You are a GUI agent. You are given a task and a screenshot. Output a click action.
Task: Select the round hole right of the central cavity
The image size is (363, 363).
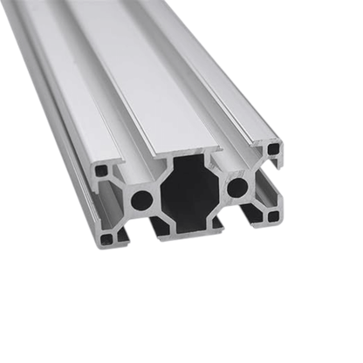pos(236,186)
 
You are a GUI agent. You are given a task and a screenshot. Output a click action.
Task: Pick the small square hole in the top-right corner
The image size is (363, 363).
pos(274,149)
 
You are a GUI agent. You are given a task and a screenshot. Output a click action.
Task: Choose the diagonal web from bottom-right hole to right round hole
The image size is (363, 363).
pos(257,202)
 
